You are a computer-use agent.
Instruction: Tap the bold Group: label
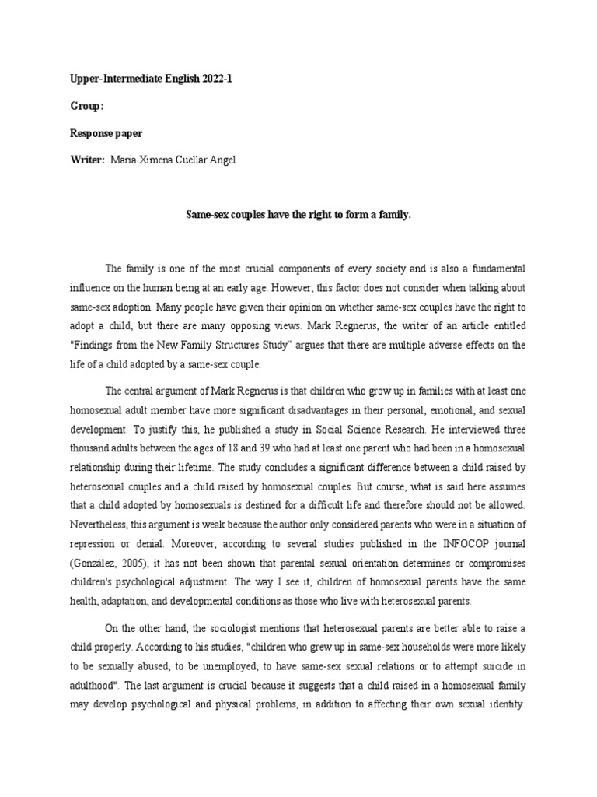(x=80, y=107)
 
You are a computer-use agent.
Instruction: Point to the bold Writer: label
(x=82, y=160)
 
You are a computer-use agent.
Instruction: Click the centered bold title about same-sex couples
(x=298, y=213)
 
